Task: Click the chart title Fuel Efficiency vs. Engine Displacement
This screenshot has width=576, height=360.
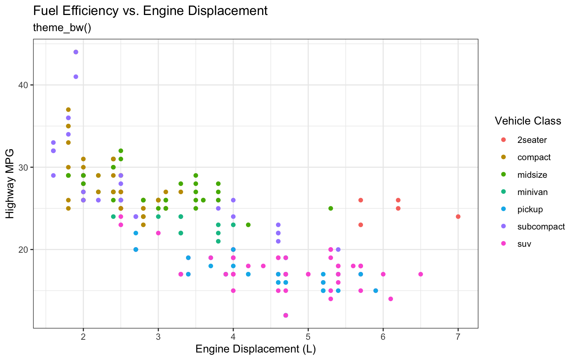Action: coord(150,11)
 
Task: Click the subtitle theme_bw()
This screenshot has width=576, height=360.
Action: coord(62,28)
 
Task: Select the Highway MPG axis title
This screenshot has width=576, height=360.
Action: coord(10,184)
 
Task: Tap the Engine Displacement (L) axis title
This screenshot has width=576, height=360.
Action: coord(255,349)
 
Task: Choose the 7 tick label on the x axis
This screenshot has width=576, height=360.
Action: coord(458,336)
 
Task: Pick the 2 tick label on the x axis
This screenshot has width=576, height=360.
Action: coord(83,336)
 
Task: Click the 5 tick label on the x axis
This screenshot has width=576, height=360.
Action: coord(308,336)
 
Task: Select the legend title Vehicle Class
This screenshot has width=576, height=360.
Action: coord(528,121)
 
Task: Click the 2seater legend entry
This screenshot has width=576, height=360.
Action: coord(532,140)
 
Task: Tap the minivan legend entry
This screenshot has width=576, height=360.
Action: coord(532,192)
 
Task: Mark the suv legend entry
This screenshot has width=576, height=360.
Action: coord(524,244)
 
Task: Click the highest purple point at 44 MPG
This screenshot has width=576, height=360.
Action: coord(76,52)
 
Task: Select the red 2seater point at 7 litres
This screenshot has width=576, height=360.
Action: coord(458,217)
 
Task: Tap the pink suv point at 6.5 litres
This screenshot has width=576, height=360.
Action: coord(420,274)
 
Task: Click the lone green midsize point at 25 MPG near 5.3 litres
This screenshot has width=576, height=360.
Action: coord(331,208)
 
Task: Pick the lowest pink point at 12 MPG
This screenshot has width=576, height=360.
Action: coord(286,315)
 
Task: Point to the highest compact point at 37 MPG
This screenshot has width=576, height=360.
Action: coord(68,109)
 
